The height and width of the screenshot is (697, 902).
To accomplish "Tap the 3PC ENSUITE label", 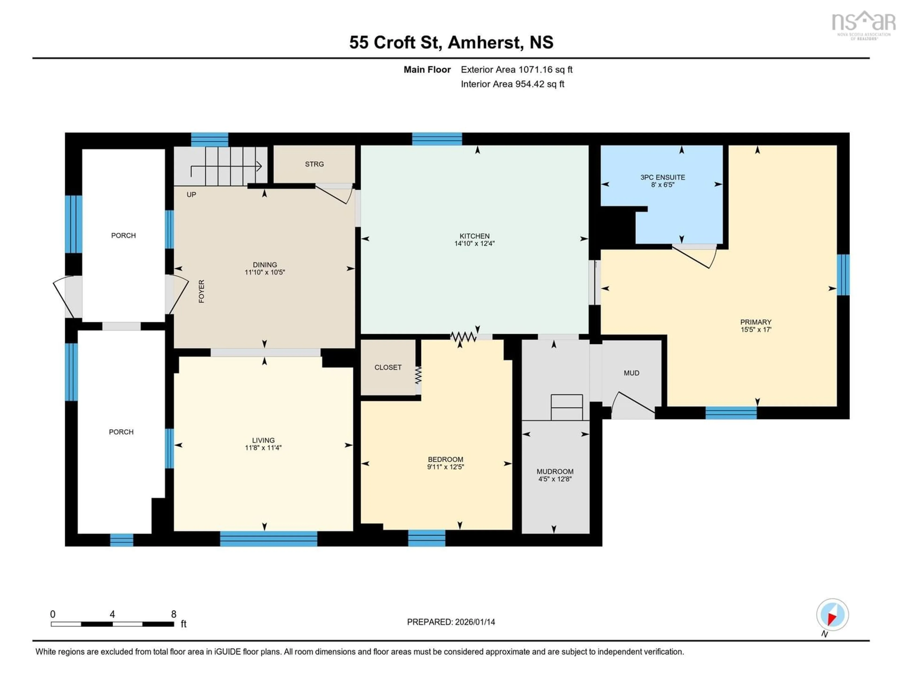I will (662, 177).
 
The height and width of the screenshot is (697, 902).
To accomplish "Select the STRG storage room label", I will (314, 164).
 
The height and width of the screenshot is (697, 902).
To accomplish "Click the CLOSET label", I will (388, 367).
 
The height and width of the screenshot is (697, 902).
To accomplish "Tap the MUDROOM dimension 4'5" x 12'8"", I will (555, 479).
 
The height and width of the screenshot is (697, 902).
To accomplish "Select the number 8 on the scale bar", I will (174, 614).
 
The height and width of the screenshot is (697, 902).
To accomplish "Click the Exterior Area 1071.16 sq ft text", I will (516, 69).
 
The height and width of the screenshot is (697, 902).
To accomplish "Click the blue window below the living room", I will (268, 539).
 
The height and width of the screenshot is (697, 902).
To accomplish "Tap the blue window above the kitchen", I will (437, 139).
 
